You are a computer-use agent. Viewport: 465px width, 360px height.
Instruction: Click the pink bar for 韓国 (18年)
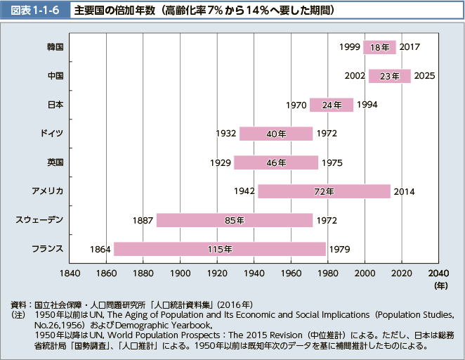point(379,47)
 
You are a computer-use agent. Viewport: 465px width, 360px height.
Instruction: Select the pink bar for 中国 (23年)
point(389,76)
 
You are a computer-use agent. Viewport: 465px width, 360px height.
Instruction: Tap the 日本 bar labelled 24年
point(331,105)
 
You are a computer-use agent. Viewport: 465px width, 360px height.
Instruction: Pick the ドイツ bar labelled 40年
point(275,134)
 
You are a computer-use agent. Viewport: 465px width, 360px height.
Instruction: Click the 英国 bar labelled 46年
point(275,162)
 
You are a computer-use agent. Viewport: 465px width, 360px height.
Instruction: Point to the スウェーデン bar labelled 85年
point(234,220)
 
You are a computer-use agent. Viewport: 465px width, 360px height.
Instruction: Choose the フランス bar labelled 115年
point(219,249)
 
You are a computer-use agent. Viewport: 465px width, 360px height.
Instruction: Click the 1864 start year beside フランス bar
point(100,249)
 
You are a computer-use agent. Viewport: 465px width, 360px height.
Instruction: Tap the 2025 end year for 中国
point(424,76)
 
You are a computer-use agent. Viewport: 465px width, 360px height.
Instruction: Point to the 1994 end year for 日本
point(367,105)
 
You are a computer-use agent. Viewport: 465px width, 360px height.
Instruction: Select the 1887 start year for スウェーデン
point(143,220)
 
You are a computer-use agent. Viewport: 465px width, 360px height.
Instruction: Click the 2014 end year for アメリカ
point(404,191)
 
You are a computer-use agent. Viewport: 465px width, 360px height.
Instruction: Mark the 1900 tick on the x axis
point(180,272)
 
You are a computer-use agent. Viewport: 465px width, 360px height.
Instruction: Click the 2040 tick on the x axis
point(438,272)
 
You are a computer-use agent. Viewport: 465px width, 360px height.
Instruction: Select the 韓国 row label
point(55,47)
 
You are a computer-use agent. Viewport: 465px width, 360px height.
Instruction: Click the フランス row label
point(48,249)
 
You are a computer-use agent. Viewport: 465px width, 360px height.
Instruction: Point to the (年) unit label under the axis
point(440,285)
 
